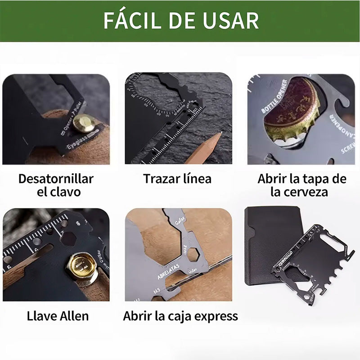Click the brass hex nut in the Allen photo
(82, 266)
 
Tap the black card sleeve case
(270, 243)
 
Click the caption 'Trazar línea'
(177, 179)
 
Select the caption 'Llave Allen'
(58, 316)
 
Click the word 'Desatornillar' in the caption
(56, 179)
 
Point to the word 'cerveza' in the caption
(306, 192)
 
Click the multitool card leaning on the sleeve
(313, 263)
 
